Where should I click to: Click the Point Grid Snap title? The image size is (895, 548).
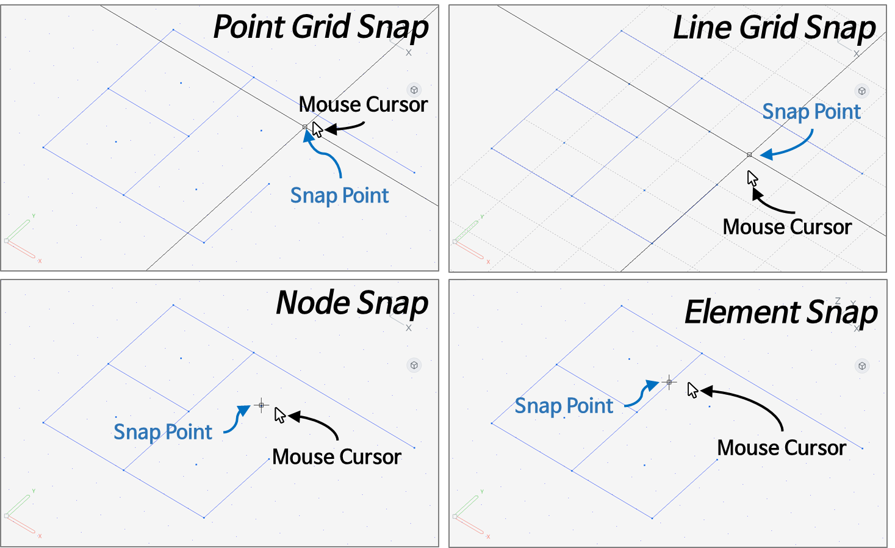321,27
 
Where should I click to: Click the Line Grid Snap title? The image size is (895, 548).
774,28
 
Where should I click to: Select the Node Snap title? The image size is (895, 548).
352,303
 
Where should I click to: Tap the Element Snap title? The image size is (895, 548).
781,312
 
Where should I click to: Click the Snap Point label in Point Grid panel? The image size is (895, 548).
339,195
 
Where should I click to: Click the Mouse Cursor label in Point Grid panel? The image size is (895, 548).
363,104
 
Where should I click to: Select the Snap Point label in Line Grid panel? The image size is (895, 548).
811,112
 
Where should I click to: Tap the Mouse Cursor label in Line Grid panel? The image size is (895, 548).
787,227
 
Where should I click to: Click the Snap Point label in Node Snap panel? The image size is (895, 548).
163,432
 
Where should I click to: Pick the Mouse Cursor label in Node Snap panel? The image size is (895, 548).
337,457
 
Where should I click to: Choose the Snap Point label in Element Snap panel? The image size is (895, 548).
564,406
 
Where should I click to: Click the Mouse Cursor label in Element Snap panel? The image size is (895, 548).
782,448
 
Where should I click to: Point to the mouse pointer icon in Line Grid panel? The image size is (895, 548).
752,178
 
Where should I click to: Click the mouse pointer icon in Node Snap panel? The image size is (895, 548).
280,415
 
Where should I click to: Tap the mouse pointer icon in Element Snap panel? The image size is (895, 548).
692,390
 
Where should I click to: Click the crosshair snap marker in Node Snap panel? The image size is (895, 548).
261,405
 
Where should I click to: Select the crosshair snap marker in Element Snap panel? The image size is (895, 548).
669,383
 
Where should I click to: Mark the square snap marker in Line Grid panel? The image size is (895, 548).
749,155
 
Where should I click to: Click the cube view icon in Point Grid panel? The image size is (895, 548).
414,90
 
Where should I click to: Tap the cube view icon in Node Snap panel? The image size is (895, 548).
414,366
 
